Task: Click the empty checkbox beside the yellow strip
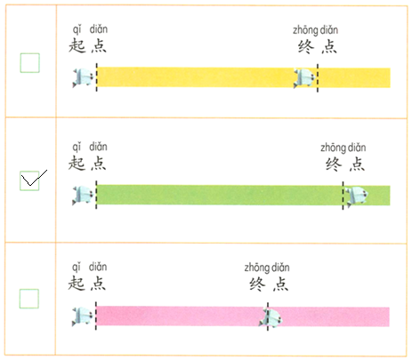tap(29, 63)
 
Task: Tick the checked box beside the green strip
tap(29, 180)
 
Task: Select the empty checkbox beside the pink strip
tap(29, 299)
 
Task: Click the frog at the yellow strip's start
tap(83, 77)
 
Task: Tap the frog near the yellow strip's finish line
tap(304, 78)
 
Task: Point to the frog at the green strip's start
tap(83, 196)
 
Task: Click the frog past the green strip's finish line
tap(357, 196)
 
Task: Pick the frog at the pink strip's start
tap(83, 316)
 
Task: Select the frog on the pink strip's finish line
tap(271, 318)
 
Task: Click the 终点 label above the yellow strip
tap(318, 46)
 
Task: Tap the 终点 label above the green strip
tap(345, 164)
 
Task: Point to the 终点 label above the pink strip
tap(269, 284)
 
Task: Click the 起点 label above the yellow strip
tap(87, 46)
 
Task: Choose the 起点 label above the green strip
tap(87, 164)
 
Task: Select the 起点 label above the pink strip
tap(87, 284)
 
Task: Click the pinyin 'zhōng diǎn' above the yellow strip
tap(316, 30)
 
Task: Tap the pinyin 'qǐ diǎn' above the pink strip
tap(90, 267)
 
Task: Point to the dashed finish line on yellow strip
tap(318, 78)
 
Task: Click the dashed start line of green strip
tap(96, 195)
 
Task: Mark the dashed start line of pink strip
tap(96, 316)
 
